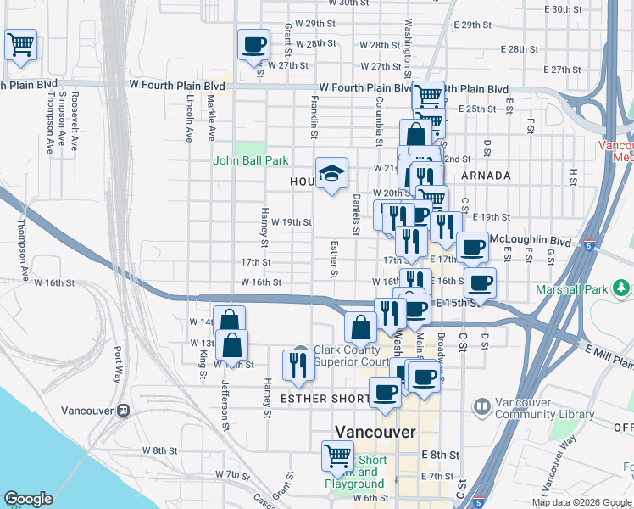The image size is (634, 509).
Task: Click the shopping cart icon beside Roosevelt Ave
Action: [20, 44]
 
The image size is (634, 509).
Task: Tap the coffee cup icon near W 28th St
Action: [253, 44]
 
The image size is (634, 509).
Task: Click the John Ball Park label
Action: [250, 160]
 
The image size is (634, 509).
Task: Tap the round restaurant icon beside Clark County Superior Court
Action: [298, 361]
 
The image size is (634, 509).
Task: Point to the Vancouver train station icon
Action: [125, 410]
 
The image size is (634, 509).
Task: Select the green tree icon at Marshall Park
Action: [623, 289]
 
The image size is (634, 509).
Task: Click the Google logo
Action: [28, 499]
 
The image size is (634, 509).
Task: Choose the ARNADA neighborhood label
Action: [487, 176]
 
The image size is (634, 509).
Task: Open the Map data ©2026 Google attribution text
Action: [581, 502]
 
